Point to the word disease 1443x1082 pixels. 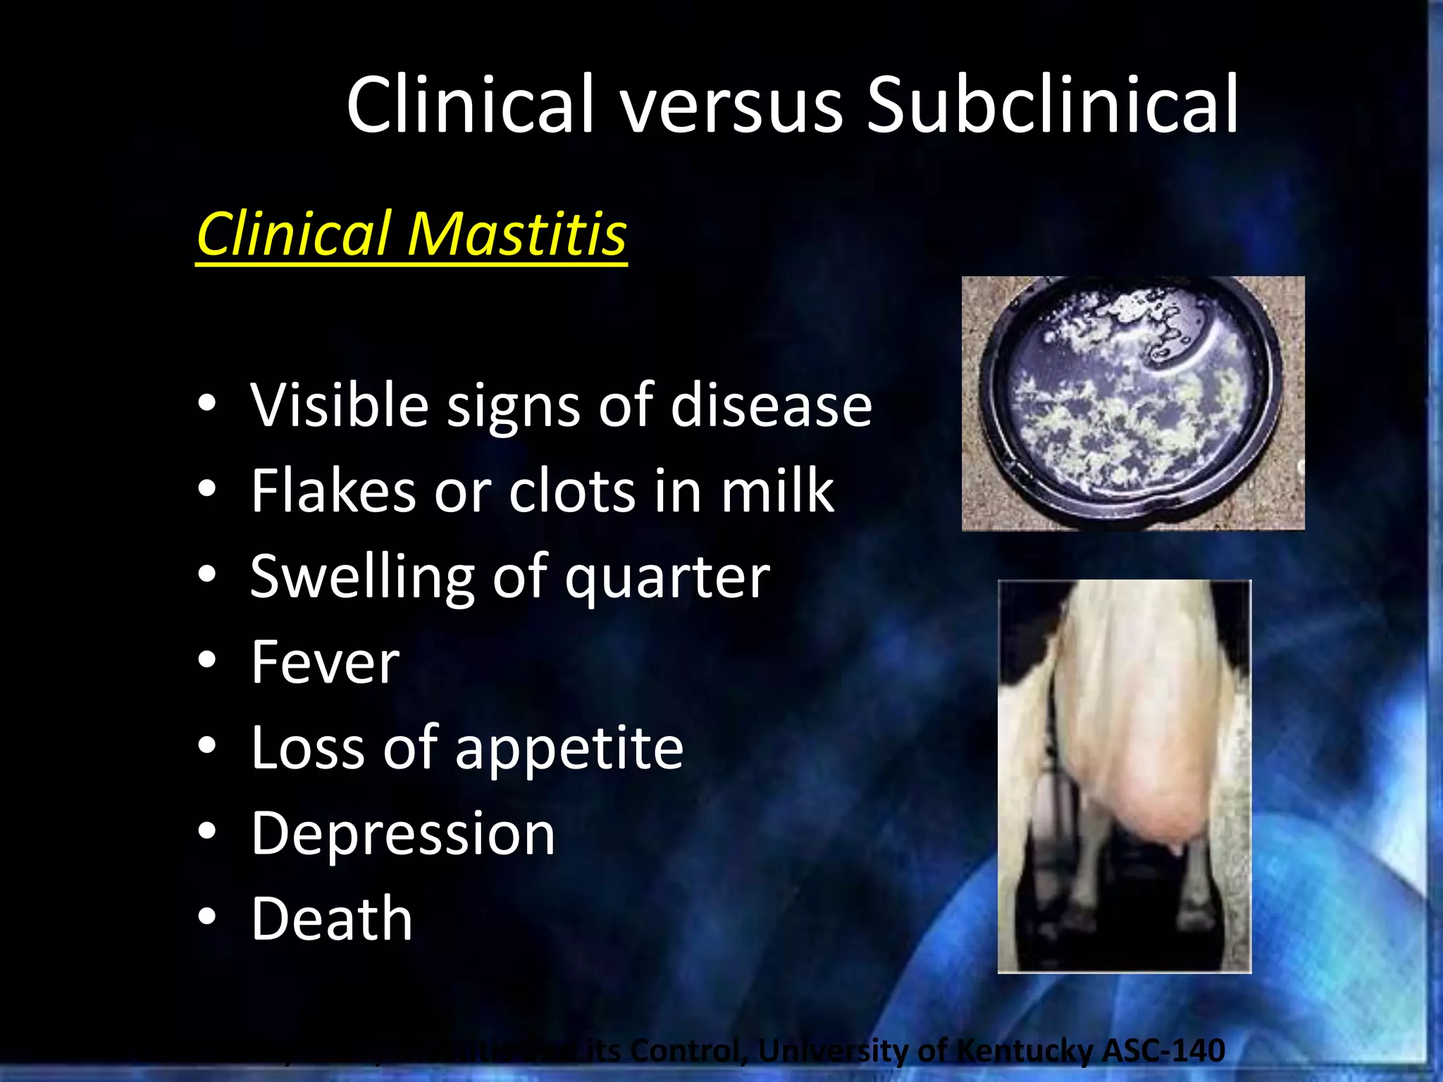coord(771,406)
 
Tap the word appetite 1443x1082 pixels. coord(569,750)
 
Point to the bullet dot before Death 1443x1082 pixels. coord(207,917)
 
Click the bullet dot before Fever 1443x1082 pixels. coord(207,661)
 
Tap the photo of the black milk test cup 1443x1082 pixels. coord(1132,402)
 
